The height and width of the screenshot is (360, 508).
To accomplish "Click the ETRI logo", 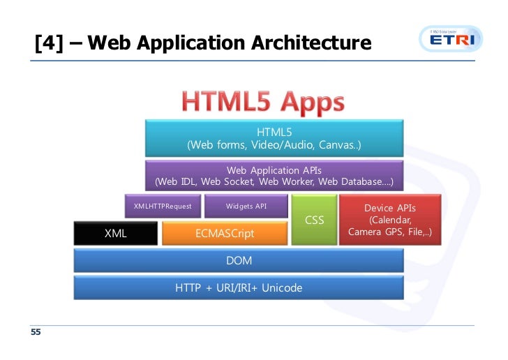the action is tap(451, 41).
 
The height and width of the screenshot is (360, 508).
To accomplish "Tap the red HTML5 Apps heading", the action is tap(263, 103).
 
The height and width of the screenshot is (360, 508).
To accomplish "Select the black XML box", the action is tap(116, 234).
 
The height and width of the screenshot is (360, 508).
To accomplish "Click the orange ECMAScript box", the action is tap(225, 234).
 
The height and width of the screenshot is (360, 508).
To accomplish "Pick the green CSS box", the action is tap(315, 220).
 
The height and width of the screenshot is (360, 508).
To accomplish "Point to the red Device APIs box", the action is tap(390, 220).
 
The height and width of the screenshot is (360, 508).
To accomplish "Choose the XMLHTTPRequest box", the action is tap(163, 207).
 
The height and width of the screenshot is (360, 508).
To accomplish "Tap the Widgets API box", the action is tap(246, 207).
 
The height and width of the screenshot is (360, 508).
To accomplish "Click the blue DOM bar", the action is tap(239, 261).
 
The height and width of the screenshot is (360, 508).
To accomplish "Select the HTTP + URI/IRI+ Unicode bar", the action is tap(239, 287).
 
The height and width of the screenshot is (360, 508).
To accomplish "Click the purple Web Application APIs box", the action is tap(274, 176).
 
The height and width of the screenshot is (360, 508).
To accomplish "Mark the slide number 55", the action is tap(35, 332).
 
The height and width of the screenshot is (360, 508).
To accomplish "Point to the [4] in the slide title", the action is tap(47, 43).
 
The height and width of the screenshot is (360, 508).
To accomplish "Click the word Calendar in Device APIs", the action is tap(390, 220).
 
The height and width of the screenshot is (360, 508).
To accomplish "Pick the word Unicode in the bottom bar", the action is tap(282, 287).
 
